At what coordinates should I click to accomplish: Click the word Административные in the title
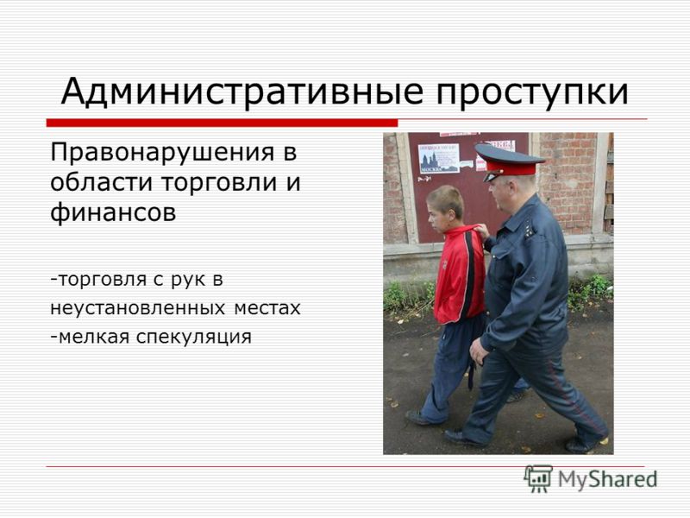[242, 92]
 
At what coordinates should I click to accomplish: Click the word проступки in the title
[532, 93]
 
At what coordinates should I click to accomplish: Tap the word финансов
[113, 212]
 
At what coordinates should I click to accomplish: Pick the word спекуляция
[193, 338]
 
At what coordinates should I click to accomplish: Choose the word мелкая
[94, 337]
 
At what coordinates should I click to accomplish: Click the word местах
[267, 308]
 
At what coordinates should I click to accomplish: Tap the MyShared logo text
[607, 479]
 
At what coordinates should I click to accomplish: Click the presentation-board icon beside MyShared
[538, 478]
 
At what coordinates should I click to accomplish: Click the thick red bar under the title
[222, 123]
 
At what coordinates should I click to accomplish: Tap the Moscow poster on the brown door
[438, 158]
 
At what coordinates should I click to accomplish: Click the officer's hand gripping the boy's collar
[482, 231]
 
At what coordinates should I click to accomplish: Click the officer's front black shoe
[463, 438]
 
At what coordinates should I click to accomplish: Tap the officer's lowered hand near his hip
[479, 351]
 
